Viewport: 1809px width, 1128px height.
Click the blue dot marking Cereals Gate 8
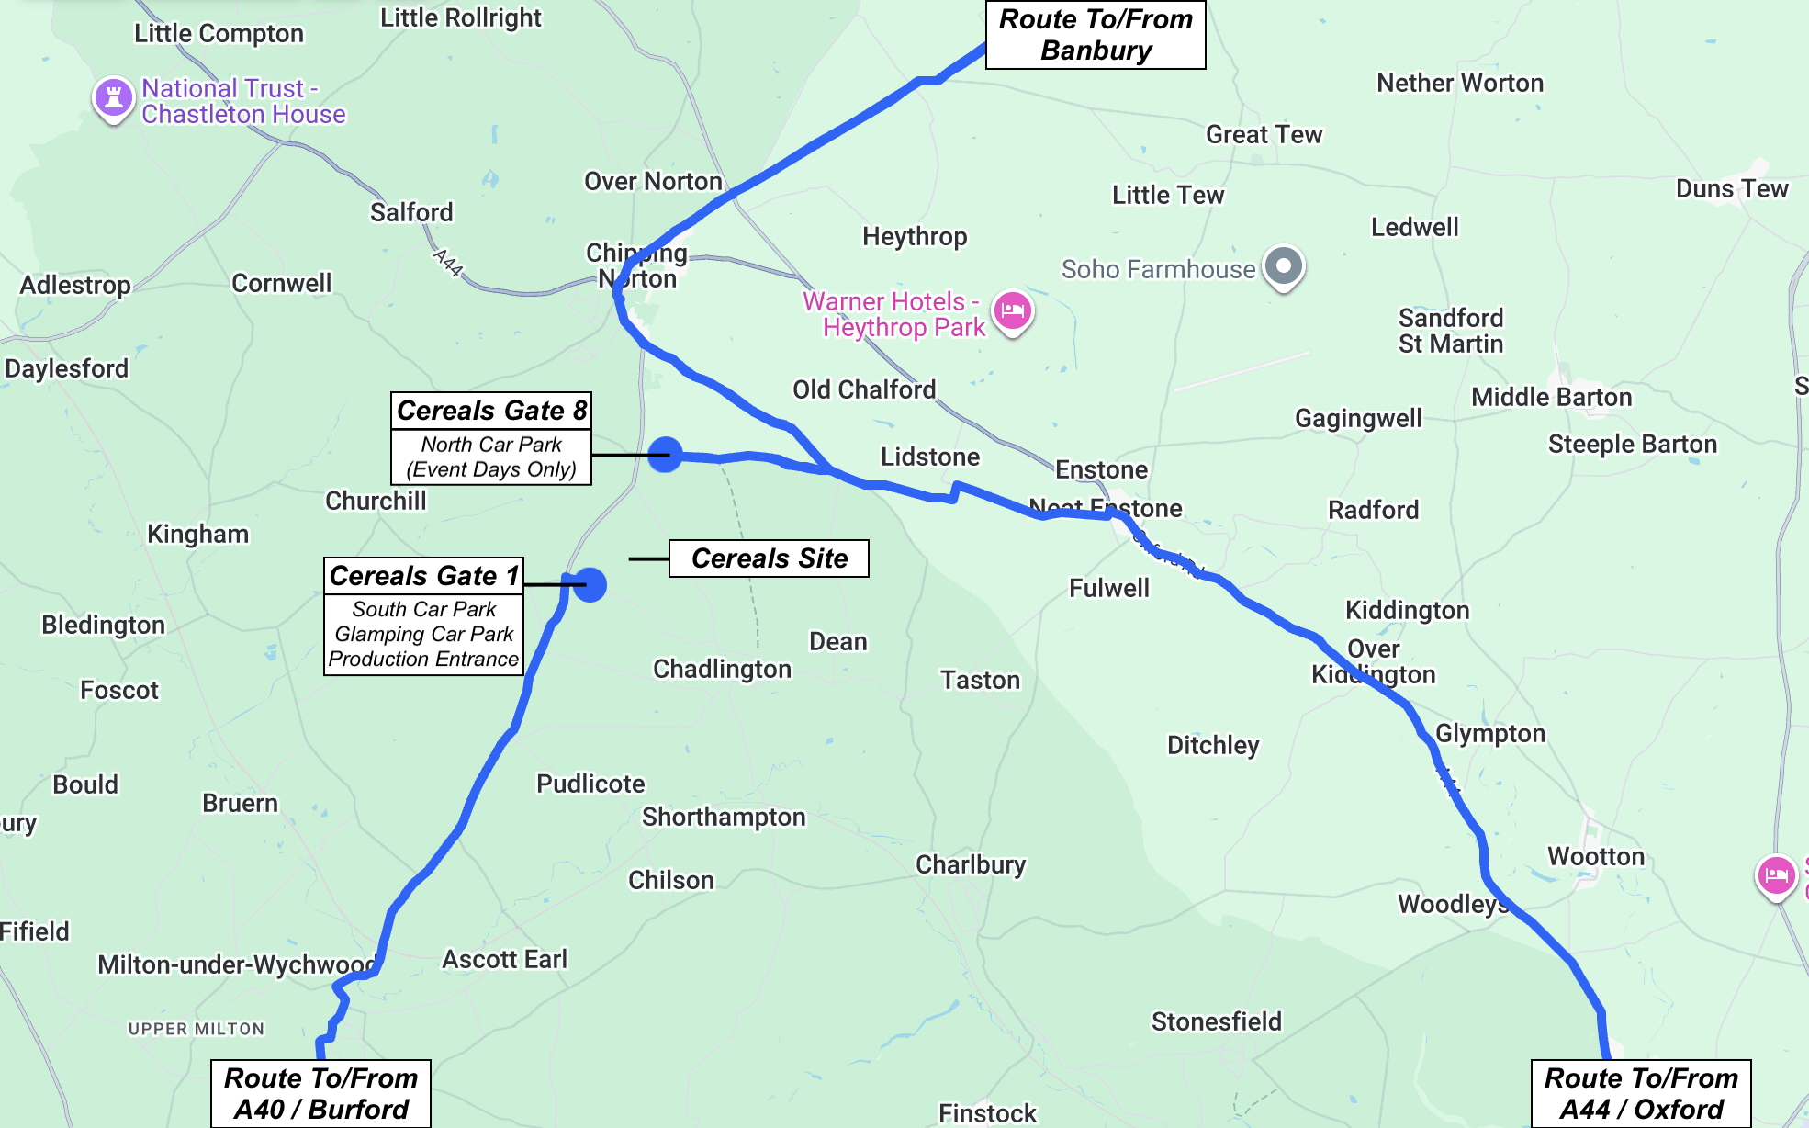(665, 455)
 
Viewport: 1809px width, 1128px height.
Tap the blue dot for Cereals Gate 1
(590, 584)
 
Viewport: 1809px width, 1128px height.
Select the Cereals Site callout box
(769, 558)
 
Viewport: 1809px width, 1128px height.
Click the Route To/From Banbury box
(1095, 35)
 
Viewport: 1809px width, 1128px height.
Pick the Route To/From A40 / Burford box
(320, 1093)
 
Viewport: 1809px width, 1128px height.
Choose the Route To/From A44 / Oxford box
(1640, 1093)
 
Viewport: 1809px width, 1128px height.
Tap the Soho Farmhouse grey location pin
(1283, 266)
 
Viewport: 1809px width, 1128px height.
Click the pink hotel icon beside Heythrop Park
(1012, 310)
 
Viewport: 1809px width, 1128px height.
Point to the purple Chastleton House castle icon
(114, 97)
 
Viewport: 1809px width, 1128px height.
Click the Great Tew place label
(1264, 135)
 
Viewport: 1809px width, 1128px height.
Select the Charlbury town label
(970, 865)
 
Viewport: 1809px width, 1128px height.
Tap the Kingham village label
(197, 535)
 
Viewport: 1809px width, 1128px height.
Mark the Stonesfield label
(1216, 1021)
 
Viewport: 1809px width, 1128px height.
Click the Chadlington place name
(722, 670)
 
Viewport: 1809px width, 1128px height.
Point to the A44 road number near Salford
(448, 263)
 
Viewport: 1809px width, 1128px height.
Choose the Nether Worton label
(1459, 84)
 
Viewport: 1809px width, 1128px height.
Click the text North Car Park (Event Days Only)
(491, 457)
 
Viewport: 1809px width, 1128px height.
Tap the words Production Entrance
(423, 660)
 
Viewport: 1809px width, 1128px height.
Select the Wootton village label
(1595, 857)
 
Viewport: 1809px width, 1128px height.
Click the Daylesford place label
(67, 369)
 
